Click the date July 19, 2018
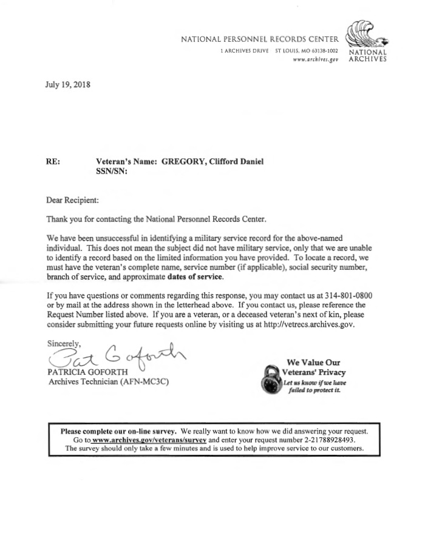[67, 85]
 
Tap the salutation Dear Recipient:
[72, 199]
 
